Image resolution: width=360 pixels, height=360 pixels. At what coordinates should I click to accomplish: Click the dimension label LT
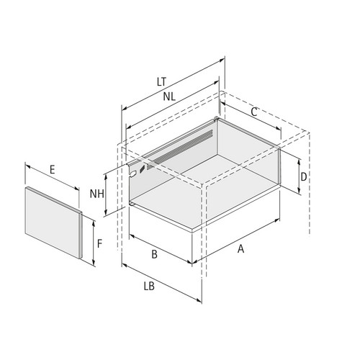click(x=161, y=81)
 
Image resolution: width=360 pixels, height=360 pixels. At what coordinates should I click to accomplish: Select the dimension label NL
click(x=169, y=96)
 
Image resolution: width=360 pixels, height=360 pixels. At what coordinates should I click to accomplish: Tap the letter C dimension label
click(x=254, y=112)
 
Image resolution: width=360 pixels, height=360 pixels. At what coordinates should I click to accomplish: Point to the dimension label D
click(x=304, y=177)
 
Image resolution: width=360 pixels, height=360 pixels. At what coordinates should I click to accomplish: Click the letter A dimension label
click(x=240, y=248)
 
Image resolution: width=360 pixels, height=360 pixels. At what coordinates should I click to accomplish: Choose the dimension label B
click(x=154, y=254)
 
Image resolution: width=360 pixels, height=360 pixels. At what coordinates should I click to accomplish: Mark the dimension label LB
click(x=149, y=287)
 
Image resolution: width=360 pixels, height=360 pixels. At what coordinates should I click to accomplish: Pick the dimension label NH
click(x=97, y=194)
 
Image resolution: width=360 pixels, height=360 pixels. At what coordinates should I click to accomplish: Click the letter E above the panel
click(x=53, y=170)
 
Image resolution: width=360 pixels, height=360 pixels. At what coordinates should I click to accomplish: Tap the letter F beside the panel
click(x=99, y=244)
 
